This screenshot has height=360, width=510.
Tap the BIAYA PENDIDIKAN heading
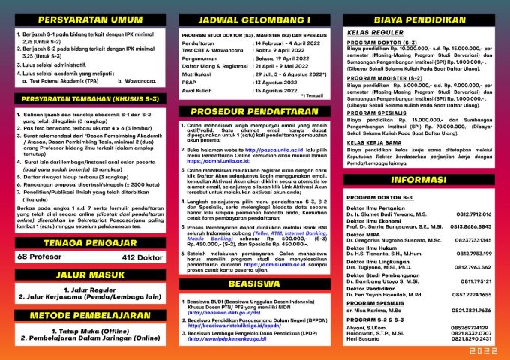422,19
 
